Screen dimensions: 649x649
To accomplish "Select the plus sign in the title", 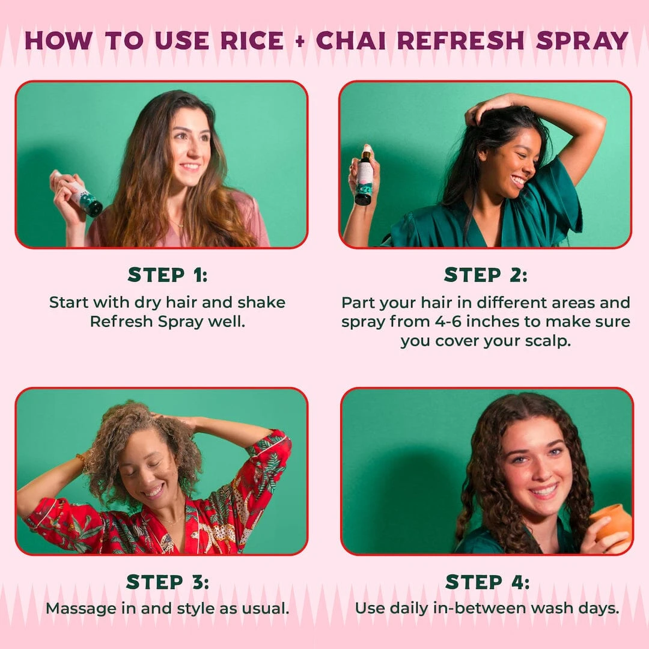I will pos(300,41).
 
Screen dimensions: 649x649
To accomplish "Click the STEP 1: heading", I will pos(167,275).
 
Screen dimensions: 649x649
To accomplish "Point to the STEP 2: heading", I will pos(486,275).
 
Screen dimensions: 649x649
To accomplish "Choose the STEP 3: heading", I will pos(167,582).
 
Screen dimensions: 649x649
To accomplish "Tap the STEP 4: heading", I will pos(487,582).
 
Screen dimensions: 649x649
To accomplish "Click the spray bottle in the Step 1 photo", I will pos(84,195).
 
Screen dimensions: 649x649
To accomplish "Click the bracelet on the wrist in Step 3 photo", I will pos(80,462).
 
